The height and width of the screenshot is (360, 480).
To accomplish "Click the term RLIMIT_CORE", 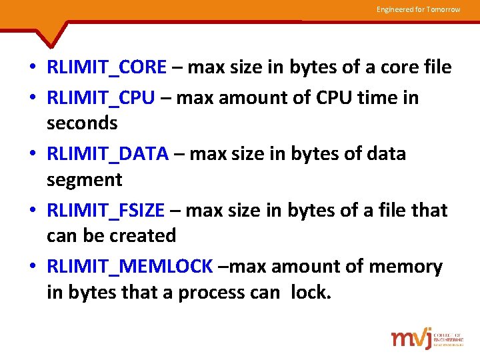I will click(x=107, y=67).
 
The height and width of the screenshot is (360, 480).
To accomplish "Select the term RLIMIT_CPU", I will click(x=101, y=98).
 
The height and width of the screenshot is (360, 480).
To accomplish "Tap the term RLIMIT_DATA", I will click(x=107, y=154).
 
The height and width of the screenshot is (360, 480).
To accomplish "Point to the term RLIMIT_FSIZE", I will click(x=105, y=211).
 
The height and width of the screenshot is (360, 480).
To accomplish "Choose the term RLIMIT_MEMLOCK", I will click(x=129, y=267).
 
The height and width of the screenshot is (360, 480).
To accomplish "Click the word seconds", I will click(x=82, y=123).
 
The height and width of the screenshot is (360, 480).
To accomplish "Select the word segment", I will click(x=85, y=180).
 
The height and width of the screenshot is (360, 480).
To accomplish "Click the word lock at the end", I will click(x=311, y=292).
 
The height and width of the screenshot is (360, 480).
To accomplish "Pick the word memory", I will click(x=406, y=267).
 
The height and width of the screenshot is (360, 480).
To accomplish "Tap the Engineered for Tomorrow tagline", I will click(x=418, y=9).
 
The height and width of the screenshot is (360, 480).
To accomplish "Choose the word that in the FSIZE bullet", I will click(x=429, y=211).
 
